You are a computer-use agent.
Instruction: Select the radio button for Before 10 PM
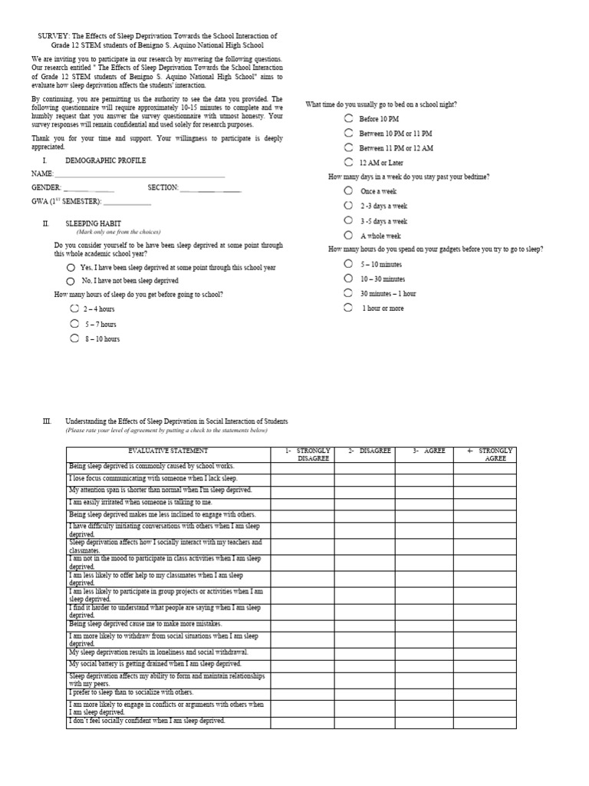coord(349,119)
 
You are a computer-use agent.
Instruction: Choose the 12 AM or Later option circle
coord(349,162)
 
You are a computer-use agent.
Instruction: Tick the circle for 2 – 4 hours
coord(74,309)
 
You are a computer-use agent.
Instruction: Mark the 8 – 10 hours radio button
coord(74,338)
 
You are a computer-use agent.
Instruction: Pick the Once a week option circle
coord(349,190)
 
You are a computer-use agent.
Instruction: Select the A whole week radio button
coord(349,235)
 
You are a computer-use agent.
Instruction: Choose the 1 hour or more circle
coord(349,308)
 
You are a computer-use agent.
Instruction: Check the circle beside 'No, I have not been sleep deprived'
coord(71,281)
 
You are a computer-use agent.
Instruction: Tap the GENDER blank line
coord(89,189)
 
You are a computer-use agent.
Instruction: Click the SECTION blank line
coord(210,189)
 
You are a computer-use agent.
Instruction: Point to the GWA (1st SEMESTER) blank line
coord(127,203)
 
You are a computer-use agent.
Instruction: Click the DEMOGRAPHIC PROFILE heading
coord(106,160)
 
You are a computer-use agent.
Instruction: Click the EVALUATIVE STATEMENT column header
coord(167,451)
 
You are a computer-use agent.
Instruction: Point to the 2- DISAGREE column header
coord(365,451)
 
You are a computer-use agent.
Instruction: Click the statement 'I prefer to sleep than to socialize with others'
coord(131,692)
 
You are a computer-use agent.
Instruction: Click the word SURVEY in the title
coord(54,36)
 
